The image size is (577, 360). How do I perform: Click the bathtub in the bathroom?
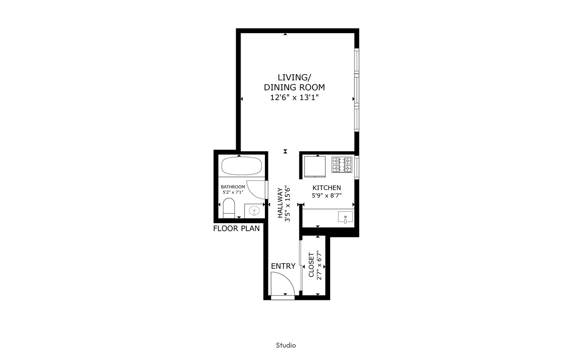tap(241, 166)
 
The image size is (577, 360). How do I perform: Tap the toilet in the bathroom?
tap(229, 208)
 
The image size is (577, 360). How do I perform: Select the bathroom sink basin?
tap(254, 211)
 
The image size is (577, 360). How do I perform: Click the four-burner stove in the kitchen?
tap(342, 165)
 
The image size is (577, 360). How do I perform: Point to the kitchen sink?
tap(345, 217)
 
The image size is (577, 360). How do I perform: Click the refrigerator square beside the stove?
tap(315, 166)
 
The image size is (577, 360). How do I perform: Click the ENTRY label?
tap(283, 266)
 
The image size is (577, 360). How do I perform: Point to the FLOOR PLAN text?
tap(237, 229)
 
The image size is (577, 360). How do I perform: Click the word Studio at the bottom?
tap(286, 345)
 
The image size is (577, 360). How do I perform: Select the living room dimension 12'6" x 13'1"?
tap(294, 97)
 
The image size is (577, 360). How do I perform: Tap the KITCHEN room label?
tap(327, 187)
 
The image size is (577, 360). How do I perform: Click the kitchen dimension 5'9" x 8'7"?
tap(327, 195)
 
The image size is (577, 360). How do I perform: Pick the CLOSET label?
tap(311, 265)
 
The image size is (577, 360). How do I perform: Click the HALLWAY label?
tap(280, 203)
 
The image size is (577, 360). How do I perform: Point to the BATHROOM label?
tap(233, 187)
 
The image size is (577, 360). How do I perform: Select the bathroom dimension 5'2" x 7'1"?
tap(233, 192)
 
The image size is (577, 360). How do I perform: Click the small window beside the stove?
tap(357, 167)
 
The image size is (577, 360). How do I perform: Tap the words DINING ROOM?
tap(294, 87)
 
